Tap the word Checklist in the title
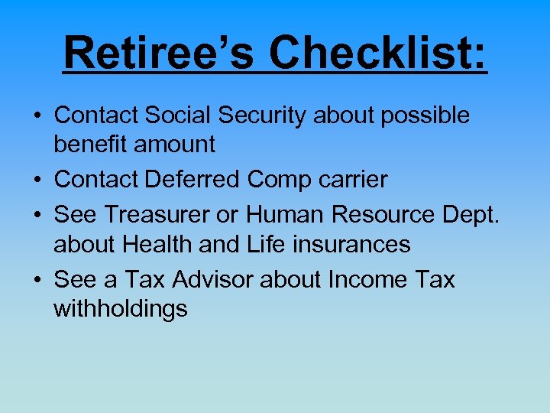pos(378,53)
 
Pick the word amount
pos(175,144)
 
